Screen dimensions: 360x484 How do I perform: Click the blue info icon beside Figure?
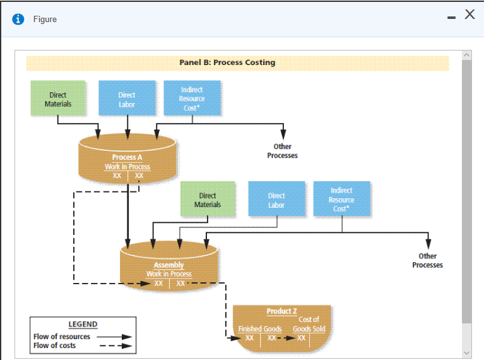(x=19, y=19)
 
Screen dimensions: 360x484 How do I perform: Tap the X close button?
(x=469, y=15)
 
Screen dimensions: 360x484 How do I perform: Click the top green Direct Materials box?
(x=58, y=99)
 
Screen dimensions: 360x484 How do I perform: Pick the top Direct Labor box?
(x=127, y=99)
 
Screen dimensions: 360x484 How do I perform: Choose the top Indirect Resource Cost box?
(x=192, y=99)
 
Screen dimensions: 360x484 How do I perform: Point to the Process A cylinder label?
(x=127, y=157)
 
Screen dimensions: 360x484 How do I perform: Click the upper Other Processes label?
(x=282, y=151)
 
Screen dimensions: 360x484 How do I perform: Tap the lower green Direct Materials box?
(x=208, y=200)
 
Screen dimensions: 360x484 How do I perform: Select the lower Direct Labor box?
(x=276, y=200)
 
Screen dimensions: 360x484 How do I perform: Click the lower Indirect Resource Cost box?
(x=342, y=200)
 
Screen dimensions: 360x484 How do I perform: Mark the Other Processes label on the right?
(x=427, y=260)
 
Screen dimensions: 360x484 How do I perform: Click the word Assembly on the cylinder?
(x=168, y=265)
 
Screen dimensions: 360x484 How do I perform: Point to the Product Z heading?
(x=281, y=311)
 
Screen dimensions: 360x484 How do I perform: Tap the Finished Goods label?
(x=259, y=329)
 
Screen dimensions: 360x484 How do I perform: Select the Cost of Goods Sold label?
(x=309, y=324)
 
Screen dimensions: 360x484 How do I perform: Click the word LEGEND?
(x=83, y=324)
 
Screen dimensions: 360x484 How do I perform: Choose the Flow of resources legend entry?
(x=62, y=337)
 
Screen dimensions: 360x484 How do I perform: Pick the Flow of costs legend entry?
(x=54, y=345)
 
